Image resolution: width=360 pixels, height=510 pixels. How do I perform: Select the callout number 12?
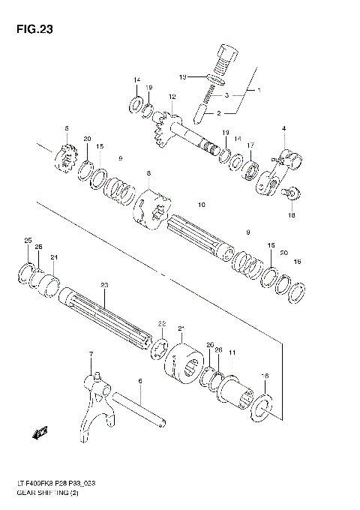[x=172, y=97]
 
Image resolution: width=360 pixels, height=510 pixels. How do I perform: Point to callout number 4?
[x=284, y=129]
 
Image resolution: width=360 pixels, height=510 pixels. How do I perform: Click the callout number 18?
[x=292, y=214]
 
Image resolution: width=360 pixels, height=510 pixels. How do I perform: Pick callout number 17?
[x=251, y=145]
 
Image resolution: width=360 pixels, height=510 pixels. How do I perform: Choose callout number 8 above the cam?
[x=148, y=174]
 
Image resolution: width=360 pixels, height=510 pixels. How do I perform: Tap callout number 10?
[x=201, y=205]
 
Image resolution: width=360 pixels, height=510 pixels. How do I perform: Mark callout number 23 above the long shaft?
[x=104, y=284]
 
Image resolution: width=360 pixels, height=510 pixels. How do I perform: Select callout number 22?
[x=160, y=323]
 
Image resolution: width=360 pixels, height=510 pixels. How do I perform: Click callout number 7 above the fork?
[x=91, y=353]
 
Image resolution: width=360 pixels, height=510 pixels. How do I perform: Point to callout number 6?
[x=139, y=382]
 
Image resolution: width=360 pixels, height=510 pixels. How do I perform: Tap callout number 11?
[x=232, y=352]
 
